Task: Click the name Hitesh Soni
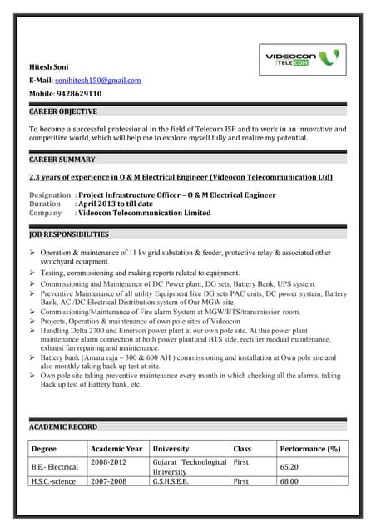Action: click(49, 66)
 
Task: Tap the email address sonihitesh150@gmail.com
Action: click(98, 81)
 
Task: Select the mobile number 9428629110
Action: click(78, 94)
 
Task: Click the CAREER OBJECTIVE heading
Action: click(63, 111)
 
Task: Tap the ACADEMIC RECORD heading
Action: click(63, 426)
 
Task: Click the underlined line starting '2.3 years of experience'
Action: click(181, 177)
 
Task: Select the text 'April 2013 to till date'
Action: click(116, 204)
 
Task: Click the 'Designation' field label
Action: click(50, 195)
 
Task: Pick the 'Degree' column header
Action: click(44, 449)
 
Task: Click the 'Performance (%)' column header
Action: click(310, 449)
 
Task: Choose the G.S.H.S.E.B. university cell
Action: click(171, 481)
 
